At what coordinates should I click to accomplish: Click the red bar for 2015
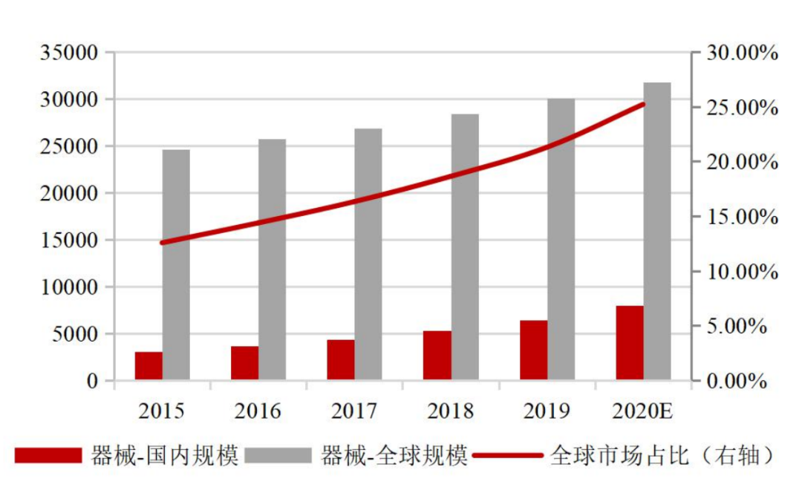(149, 366)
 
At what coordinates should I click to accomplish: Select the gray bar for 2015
(176, 265)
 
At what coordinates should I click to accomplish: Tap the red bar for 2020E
(630, 343)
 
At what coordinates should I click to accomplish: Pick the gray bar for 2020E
(657, 232)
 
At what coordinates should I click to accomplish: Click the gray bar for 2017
(368, 255)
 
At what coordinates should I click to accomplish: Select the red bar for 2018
(437, 356)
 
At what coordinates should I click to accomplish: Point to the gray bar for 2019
(561, 240)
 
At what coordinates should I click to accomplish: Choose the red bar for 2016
(244, 363)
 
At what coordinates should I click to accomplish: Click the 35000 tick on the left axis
(70, 53)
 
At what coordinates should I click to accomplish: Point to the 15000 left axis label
(70, 241)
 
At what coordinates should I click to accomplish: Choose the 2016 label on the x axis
(258, 411)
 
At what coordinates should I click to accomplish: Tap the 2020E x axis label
(644, 411)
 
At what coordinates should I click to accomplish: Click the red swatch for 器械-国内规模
(49, 455)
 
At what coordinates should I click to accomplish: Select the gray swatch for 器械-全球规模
(280, 455)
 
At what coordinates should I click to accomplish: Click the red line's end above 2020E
(643, 104)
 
